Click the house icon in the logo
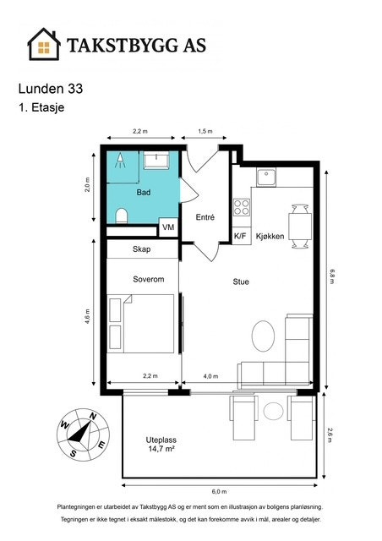click(x=44, y=45)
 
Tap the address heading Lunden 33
click(x=51, y=89)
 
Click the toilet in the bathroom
click(x=121, y=216)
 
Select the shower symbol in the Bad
click(x=120, y=161)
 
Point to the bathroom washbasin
click(x=156, y=161)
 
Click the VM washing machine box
click(x=168, y=227)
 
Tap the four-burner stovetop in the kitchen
click(x=242, y=207)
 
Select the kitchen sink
click(x=266, y=178)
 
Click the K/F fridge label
click(x=240, y=237)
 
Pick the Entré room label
click(x=205, y=217)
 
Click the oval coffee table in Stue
click(x=264, y=336)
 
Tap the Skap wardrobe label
click(x=141, y=249)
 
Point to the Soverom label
click(x=149, y=279)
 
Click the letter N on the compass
click(x=92, y=416)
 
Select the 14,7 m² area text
click(x=161, y=449)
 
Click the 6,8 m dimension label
click(x=331, y=276)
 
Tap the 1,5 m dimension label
click(x=205, y=131)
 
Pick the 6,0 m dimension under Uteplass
click(x=220, y=492)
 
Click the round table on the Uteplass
click(x=274, y=411)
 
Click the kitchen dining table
click(x=300, y=226)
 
